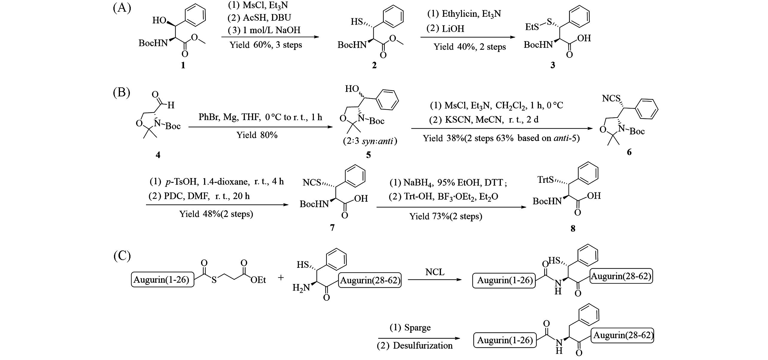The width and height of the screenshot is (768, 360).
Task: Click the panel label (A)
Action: pyautogui.click(x=122, y=8)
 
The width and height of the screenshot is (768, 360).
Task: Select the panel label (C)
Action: pyautogui.click(x=122, y=256)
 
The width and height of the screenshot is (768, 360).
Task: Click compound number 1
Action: pyautogui.click(x=183, y=65)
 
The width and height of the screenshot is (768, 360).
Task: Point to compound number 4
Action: pyautogui.click(x=158, y=155)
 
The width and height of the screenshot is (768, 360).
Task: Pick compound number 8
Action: pyautogui.click(x=573, y=229)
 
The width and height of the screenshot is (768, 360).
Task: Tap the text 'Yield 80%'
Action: pyautogui.click(x=257, y=135)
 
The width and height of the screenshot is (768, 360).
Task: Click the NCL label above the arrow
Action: pyautogui.click(x=435, y=272)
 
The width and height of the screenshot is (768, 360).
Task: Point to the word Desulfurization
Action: pyautogui.click(x=423, y=346)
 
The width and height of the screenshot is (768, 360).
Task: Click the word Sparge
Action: pyautogui.click(x=417, y=328)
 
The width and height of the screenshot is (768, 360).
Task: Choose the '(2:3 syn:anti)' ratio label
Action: pyautogui.click(x=370, y=141)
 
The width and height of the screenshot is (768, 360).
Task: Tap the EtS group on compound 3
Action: pyautogui.click(x=532, y=27)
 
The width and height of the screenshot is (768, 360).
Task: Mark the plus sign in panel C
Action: pyautogui.click(x=281, y=277)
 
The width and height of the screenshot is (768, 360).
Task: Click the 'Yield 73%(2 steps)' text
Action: pyautogui.click(x=446, y=216)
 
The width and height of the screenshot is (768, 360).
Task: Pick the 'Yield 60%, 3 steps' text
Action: pyautogui.click(x=266, y=45)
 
